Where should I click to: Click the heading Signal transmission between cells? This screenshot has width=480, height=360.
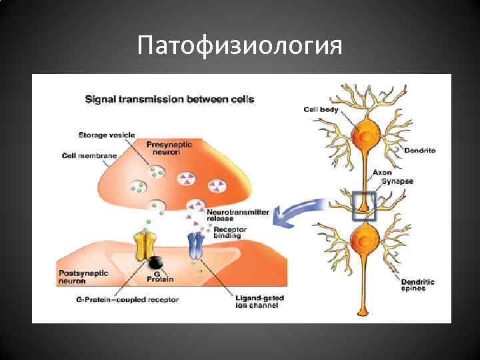[x=169, y=99]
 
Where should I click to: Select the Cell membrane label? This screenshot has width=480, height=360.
[x=89, y=155]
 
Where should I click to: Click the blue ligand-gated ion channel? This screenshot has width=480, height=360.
[x=195, y=246]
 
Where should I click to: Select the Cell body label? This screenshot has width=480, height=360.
[x=321, y=109]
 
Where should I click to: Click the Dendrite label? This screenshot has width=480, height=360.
[x=420, y=151]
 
